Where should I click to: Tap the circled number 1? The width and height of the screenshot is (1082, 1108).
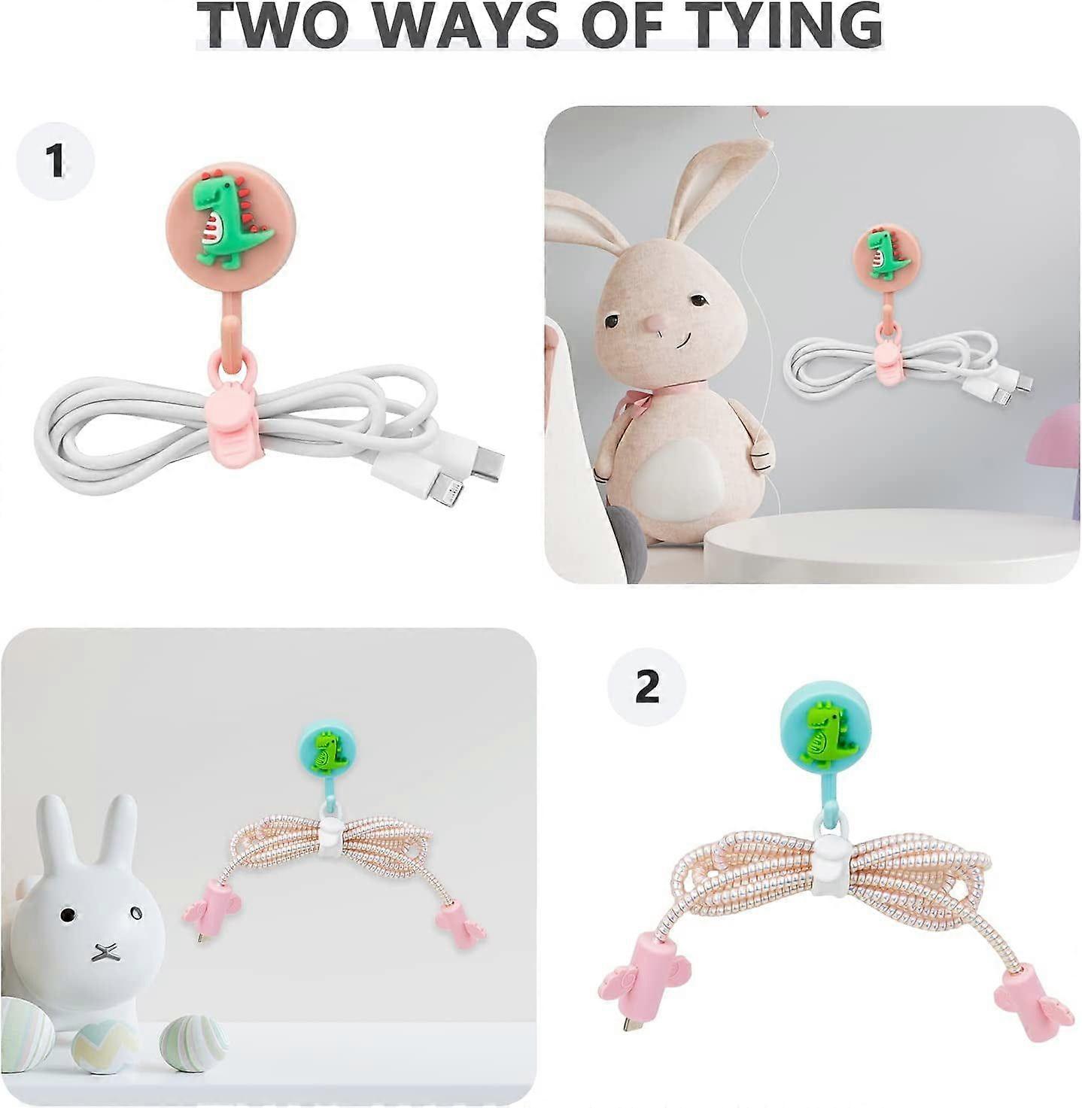click(56, 161)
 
